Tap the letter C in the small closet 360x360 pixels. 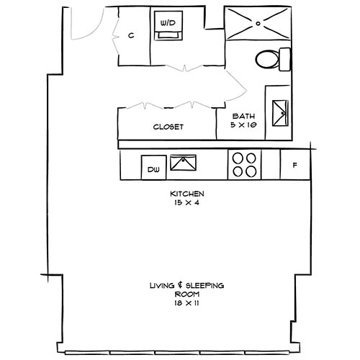click(x=132, y=35)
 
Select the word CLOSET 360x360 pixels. click(x=168, y=126)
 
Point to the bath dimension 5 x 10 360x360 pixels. click(x=243, y=125)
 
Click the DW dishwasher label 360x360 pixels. click(x=153, y=170)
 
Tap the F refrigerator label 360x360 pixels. click(x=294, y=166)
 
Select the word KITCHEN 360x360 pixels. click(x=187, y=194)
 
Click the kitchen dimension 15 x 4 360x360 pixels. click(x=187, y=203)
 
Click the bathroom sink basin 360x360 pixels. click(x=278, y=109)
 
